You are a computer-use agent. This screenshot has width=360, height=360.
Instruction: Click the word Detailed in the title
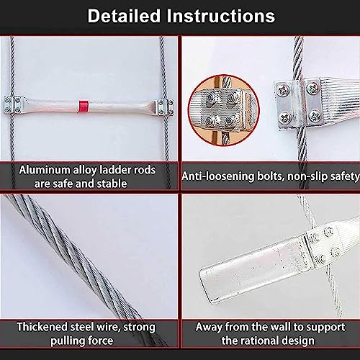(124, 16)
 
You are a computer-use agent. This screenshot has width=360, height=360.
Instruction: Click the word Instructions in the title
(221, 16)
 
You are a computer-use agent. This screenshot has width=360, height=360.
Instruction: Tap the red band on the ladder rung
(84, 107)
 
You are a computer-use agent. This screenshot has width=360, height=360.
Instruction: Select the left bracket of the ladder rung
(14, 104)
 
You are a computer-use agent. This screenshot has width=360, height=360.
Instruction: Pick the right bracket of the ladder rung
(164, 107)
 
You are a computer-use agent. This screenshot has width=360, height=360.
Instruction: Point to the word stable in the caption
(111, 184)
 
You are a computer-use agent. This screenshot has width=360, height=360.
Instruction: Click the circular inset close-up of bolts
(224, 110)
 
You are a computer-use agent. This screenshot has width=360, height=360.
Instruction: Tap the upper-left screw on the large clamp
(283, 90)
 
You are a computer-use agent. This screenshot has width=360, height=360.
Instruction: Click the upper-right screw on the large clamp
(312, 88)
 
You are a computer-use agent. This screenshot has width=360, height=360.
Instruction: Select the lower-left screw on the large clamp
(285, 118)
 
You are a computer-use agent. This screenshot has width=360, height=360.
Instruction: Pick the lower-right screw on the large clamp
(314, 116)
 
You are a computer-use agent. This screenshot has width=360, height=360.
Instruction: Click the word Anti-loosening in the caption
(218, 176)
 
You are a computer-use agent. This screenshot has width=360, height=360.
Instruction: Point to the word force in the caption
(101, 341)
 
